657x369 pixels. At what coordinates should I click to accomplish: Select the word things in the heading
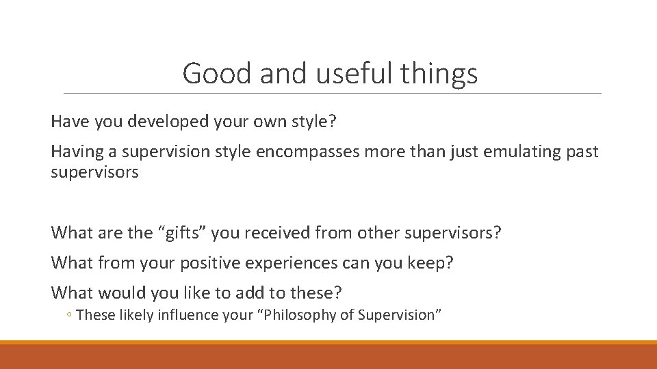coord(441,74)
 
